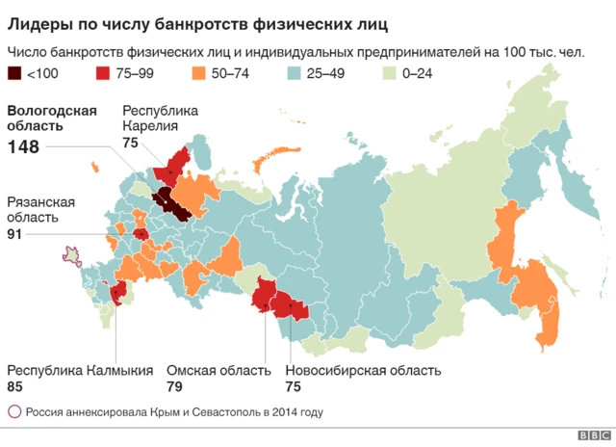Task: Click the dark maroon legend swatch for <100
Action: click(x=15, y=74)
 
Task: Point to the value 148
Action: click(x=25, y=147)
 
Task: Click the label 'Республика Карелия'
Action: click(x=160, y=118)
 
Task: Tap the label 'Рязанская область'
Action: click(x=40, y=209)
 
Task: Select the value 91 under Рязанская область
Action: click(x=15, y=233)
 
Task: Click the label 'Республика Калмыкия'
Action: click(x=80, y=370)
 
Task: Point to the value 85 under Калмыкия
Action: click(x=16, y=387)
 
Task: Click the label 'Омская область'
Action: click(x=218, y=370)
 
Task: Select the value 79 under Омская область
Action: click(x=176, y=387)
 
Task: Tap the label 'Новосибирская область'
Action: click(x=363, y=370)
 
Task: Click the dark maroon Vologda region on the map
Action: click(x=173, y=203)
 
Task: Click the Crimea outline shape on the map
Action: click(x=71, y=254)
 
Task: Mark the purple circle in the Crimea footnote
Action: click(x=14, y=412)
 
